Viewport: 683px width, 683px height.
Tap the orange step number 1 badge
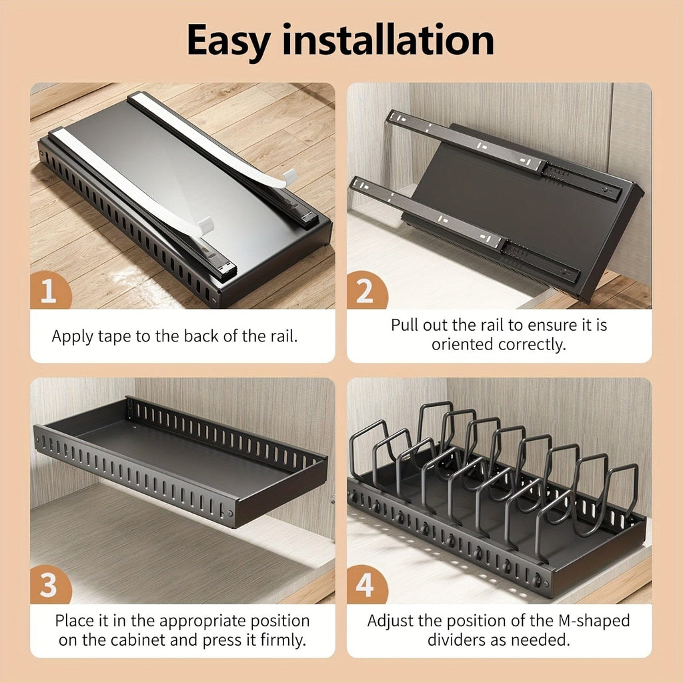[x=49, y=292]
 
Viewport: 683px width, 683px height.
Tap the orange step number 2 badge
[x=366, y=292]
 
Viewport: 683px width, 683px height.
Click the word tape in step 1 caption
[x=117, y=336]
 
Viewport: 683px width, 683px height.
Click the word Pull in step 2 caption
[x=406, y=325]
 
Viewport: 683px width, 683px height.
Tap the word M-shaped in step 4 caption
[x=593, y=621]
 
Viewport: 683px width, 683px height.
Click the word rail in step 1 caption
[x=283, y=336]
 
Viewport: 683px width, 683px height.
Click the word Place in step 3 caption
[x=74, y=621]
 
